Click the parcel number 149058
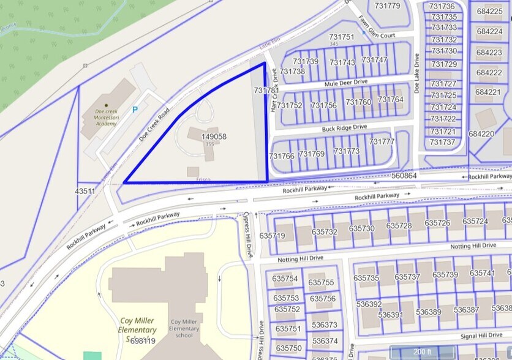(x=214, y=137)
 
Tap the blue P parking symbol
(x=135, y=110)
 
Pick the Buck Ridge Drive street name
(x=344, y=128)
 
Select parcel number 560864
(x=404, y=176)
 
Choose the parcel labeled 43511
(x=85, y=192)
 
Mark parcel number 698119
(x=143, y=340)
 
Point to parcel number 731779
(x=387, y=6)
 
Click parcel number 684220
(x=481, y=133)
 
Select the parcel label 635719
(x=272, y=235)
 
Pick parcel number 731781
(x=266, y=90)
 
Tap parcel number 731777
(x=382, y=141)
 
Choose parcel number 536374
(x=324, y=341)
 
